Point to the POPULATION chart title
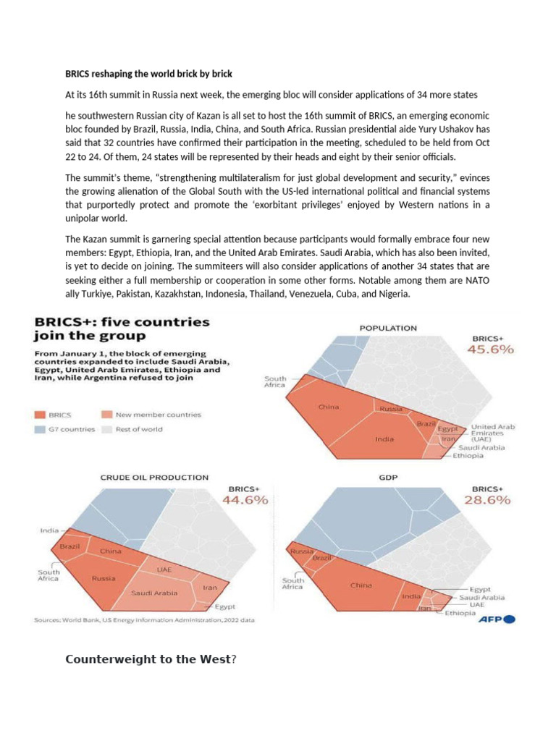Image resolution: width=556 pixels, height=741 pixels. [x=388, y=328]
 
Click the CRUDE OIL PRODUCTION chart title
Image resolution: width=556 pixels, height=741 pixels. [x=154, y=477]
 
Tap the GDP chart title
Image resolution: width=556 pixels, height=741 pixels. [x=388, y=478]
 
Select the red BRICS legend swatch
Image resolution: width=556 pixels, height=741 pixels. [x=40, y=415]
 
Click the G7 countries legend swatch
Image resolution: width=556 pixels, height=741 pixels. [x=40, y=428]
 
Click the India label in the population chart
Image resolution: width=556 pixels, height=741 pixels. [x=384, y=439]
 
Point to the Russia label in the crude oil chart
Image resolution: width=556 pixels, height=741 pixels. [x=104, y=578]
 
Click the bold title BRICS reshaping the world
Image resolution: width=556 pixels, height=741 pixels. [x=148, y=75]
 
